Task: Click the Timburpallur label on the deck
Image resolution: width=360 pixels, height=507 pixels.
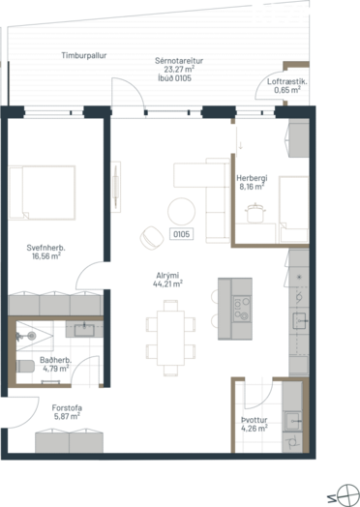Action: tap(84, 55)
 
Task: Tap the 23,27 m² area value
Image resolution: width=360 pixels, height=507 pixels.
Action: tap(179, 70)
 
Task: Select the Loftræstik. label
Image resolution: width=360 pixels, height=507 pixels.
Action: tap(287, 81)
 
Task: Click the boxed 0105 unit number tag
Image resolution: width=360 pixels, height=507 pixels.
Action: tap(182, 234)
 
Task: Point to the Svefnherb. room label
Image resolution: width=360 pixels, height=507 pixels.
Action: tap(45, 248)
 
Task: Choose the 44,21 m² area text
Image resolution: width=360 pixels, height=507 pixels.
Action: tap(167, 284)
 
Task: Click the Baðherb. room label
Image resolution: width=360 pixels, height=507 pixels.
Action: tap(55, 360)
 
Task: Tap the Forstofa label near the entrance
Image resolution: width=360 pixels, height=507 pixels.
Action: tap(67, 407)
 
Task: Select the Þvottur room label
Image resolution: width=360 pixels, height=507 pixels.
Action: tap(255, 420)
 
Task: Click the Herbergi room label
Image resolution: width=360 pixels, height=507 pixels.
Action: tap(252, 178)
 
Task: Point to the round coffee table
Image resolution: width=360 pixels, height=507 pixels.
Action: tap(182, 212)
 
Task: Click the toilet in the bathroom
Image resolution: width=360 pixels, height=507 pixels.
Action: tap(25, 367)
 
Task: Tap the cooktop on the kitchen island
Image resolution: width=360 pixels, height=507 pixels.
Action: tap(242, 309)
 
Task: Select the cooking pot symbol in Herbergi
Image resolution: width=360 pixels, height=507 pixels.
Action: tap(255, 213)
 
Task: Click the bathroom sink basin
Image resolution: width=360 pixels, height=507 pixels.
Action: tap(84, 330)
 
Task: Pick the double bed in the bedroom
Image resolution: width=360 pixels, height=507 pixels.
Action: tap(42, 193)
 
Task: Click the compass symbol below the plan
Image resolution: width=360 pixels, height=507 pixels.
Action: tap(347, 495)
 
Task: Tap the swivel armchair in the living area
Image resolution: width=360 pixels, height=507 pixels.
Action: tap(152, 238)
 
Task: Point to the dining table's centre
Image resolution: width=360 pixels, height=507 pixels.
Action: tap(170, 338)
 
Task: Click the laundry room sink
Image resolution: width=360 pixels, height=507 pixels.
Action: tap(292, 421)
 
